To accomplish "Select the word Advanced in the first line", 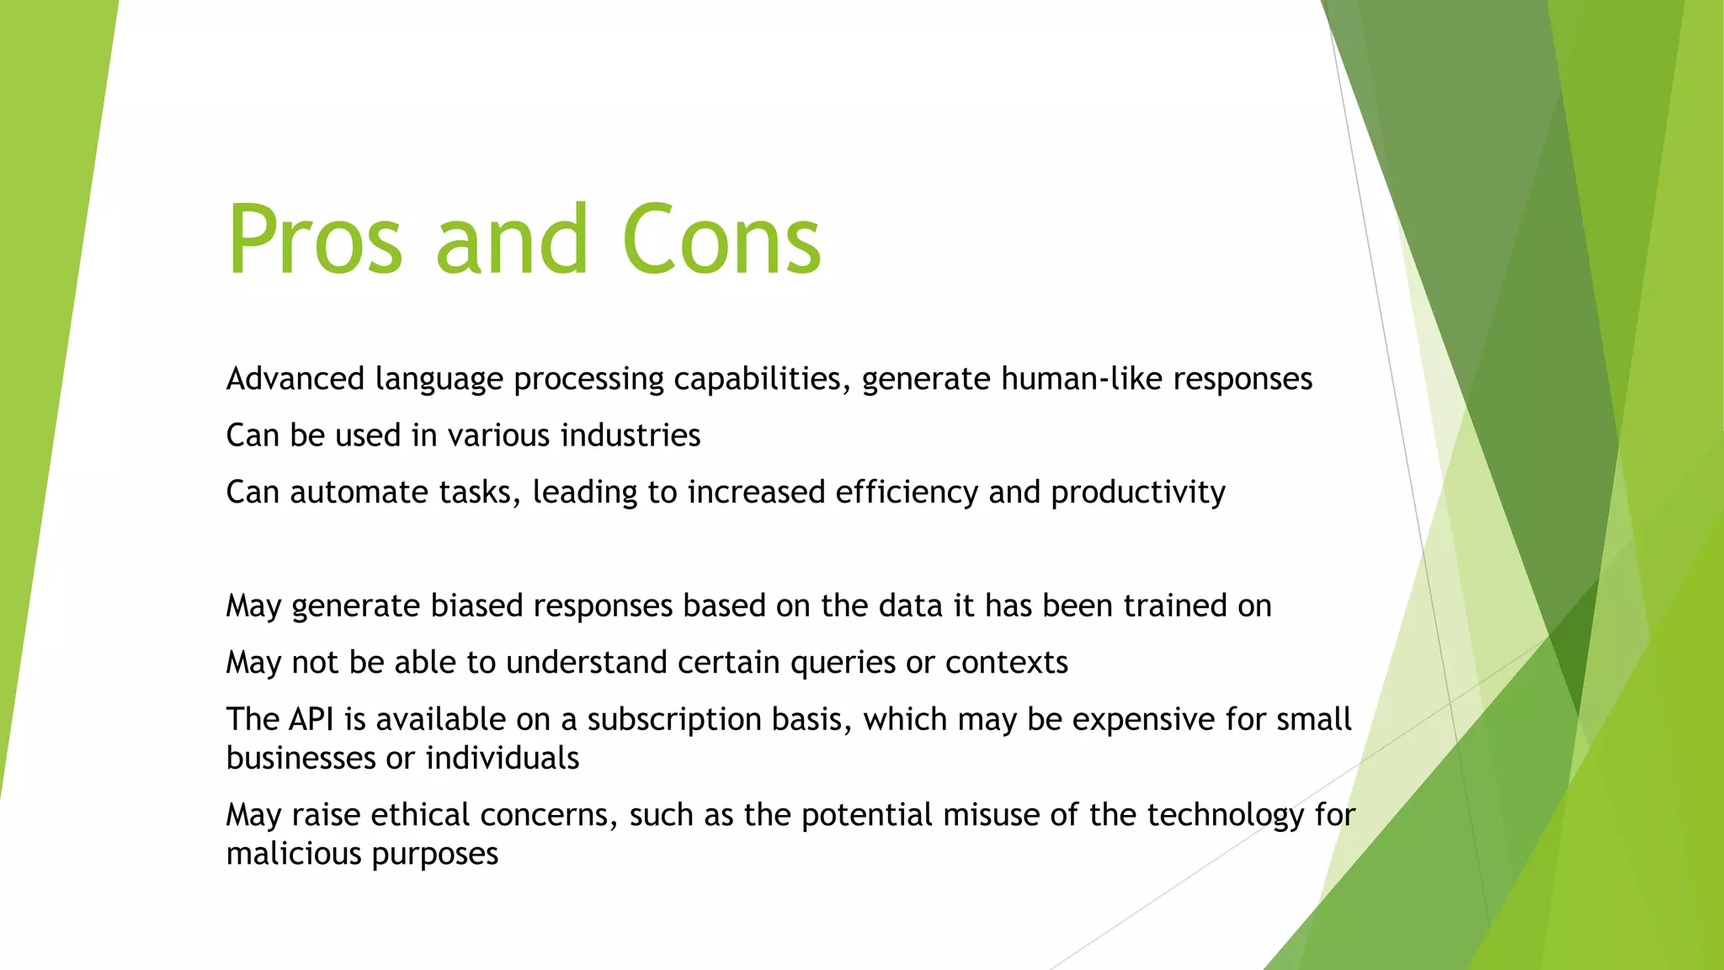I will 295,379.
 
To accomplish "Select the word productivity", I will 1137,493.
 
